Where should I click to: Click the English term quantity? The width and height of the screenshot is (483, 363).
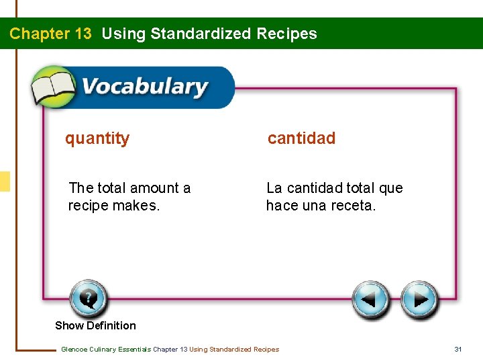[x=97, y=138]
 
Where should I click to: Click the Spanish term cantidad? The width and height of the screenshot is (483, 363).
[x=301, y=138]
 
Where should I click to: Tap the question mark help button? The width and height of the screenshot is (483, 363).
[x=88, y=298]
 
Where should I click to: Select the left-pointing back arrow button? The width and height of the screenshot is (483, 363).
[x=371, y=299]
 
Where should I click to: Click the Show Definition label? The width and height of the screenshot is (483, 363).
[x=95, y=325]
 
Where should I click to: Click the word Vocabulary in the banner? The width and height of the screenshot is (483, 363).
[x=144, y=87]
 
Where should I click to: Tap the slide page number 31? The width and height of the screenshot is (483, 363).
[x=458, y=349]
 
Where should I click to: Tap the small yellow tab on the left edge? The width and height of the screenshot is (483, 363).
[x=5, y=182]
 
